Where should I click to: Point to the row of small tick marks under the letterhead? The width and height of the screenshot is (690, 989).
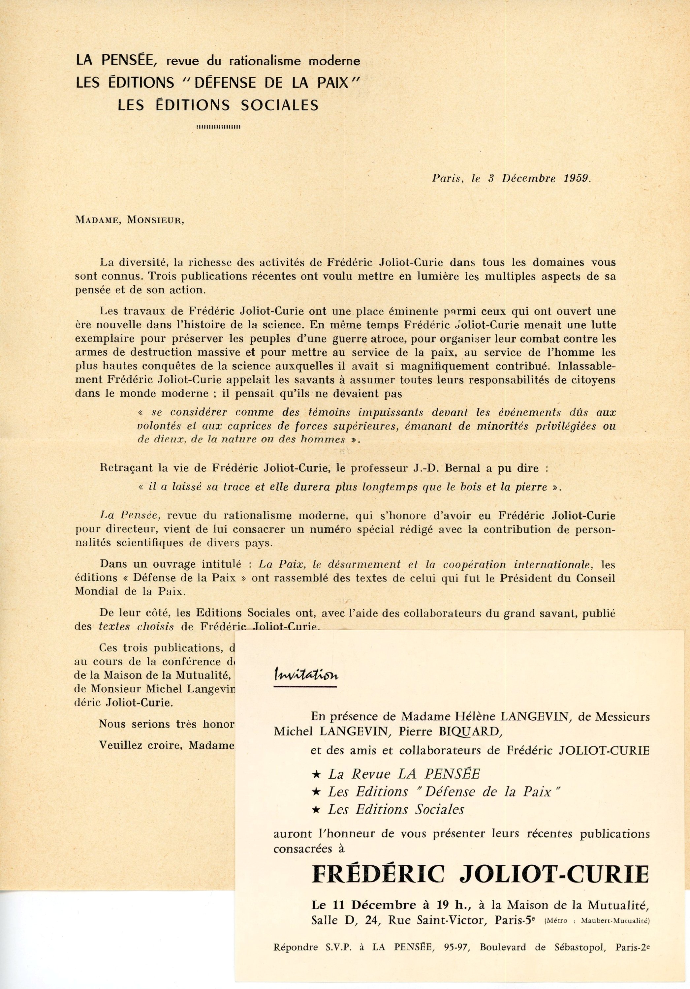[218, 127]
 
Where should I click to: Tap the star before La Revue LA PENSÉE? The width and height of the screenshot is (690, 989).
[316, 774]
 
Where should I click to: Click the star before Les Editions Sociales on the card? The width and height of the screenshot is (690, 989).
[316, 809]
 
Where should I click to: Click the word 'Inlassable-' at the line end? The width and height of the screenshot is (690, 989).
[586, 366]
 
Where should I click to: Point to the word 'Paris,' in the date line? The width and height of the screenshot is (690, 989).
[447, 178]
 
